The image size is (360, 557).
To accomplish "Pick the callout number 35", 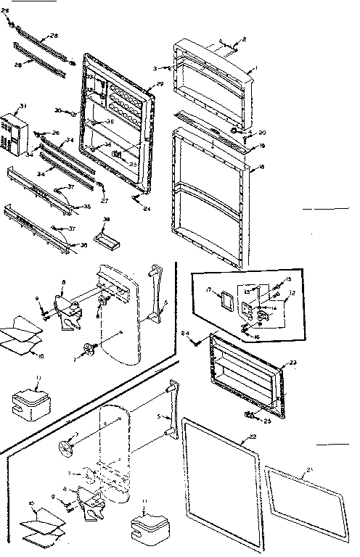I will click(87, 207).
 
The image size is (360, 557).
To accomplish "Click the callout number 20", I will click(262, 133).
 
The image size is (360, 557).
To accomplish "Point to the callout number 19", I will click(263, 146).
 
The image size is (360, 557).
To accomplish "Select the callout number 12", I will click(292, 294).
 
